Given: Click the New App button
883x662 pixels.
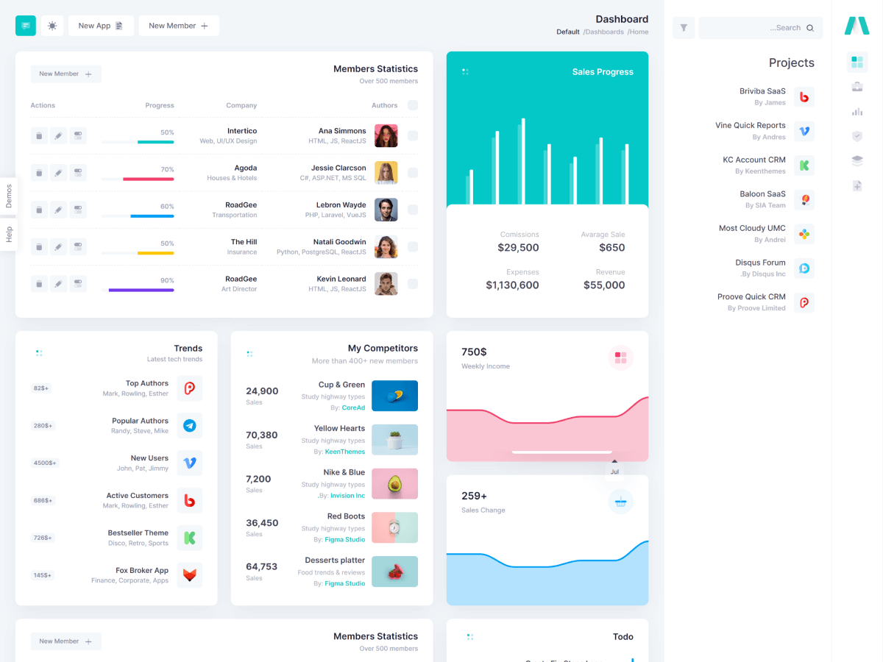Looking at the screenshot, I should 101,26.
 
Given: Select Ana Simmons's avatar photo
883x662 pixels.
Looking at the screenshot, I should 386,135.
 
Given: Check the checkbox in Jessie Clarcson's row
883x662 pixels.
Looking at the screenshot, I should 413,173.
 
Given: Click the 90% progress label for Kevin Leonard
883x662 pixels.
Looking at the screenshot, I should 167,280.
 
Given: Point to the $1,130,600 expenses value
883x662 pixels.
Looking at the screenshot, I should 512,285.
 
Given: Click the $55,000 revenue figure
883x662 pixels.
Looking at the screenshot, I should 604,285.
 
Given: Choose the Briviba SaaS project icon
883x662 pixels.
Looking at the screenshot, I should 804,96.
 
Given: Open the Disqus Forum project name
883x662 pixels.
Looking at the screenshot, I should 760,263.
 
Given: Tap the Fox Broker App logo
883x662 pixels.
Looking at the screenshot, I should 189,574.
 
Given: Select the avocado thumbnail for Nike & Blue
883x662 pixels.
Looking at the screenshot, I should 394,483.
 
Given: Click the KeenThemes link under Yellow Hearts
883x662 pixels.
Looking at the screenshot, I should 345,452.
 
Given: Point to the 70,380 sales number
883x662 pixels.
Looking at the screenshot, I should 262,435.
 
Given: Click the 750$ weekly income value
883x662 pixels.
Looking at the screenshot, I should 474,352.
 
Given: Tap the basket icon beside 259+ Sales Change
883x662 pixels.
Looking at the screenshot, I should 620,502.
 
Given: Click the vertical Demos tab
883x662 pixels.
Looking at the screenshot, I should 9,196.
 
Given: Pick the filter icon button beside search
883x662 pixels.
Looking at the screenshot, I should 684,28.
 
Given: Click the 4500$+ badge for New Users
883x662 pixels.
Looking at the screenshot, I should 44,463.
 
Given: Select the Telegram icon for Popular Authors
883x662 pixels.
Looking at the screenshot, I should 189,425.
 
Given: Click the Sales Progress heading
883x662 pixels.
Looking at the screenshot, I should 603,72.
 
